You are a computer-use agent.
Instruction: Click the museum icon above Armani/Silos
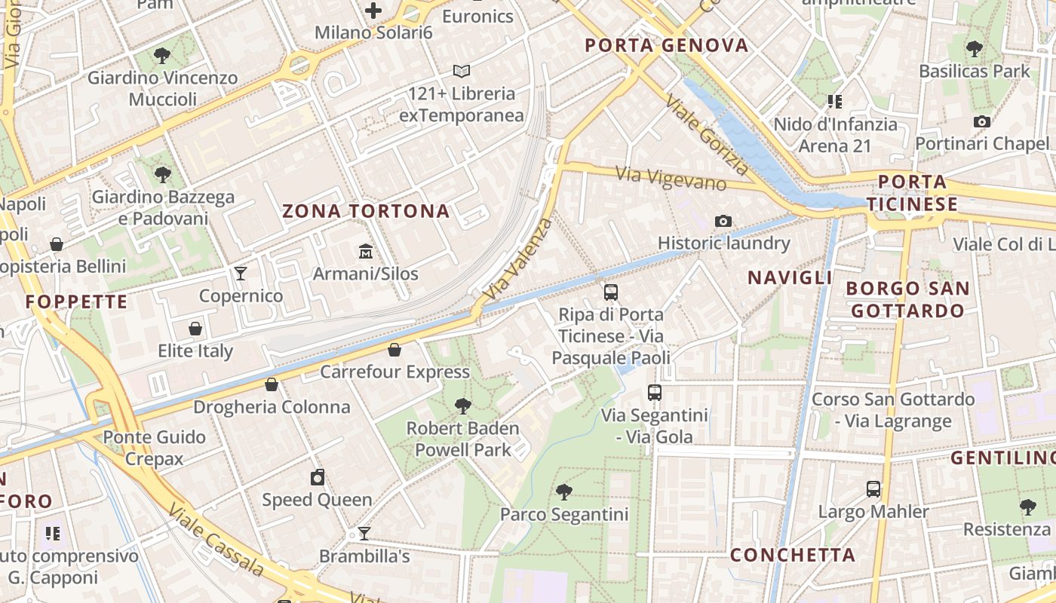366,251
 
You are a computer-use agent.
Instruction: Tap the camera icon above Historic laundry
723,221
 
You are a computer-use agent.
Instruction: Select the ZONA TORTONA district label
366,211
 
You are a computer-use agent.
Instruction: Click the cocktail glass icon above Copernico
241,273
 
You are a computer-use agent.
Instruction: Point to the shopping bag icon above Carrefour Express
394,350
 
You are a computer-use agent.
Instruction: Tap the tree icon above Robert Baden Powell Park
463,406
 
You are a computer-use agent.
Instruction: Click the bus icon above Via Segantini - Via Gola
655,393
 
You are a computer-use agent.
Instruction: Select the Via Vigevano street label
671,179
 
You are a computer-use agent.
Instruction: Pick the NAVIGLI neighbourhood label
790,277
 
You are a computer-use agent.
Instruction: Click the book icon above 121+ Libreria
462,72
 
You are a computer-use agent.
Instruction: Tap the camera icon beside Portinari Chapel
982,121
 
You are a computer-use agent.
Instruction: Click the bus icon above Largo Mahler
873,489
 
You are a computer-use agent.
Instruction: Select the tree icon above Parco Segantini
563,492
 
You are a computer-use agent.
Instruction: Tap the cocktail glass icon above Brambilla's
364,534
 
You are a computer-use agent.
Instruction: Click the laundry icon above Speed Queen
318,477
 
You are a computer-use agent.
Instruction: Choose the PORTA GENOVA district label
667,45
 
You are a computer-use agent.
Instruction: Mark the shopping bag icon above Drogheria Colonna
272,385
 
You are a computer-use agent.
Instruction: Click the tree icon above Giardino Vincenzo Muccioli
161,55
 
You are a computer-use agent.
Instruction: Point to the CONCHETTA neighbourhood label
793,556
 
